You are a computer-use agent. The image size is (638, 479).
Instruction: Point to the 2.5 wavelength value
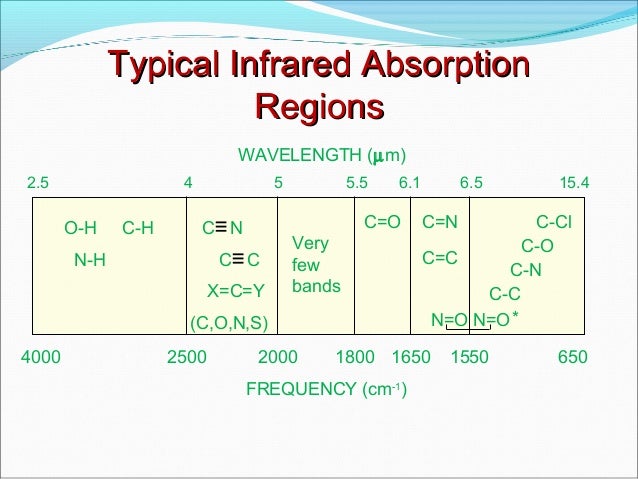tap(37, 183)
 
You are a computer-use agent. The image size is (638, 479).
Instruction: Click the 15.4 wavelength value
tap(575, 183)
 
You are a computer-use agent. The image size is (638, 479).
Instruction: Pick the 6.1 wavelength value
tap(410, 183)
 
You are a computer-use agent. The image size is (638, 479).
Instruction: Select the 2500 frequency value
tap(186, 357)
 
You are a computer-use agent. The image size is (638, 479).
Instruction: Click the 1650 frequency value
tap(410, 357)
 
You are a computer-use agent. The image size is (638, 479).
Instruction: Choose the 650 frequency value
tap(572, 357)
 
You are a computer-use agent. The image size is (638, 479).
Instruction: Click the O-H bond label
tap(80, 229)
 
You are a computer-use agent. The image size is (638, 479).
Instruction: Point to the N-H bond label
tap(90, 261)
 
